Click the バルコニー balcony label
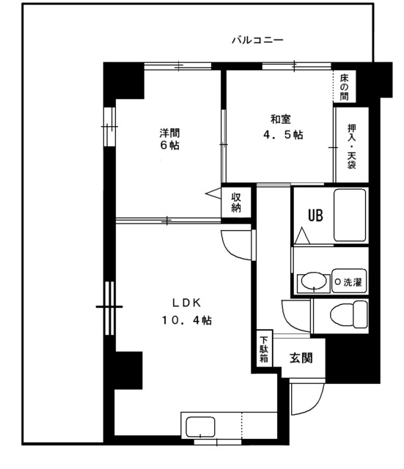257,40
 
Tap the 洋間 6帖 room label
169,139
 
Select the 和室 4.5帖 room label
282,127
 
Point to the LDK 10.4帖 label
187,311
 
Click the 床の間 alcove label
344,87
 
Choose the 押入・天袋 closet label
352,147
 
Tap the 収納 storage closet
236,202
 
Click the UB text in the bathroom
315,215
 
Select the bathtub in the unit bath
350,215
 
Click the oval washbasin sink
314,281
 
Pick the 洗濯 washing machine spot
349,281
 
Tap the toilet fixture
349,314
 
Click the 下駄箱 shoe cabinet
264,349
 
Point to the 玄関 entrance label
301,358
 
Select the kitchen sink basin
200,427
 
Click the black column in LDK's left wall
129,370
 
